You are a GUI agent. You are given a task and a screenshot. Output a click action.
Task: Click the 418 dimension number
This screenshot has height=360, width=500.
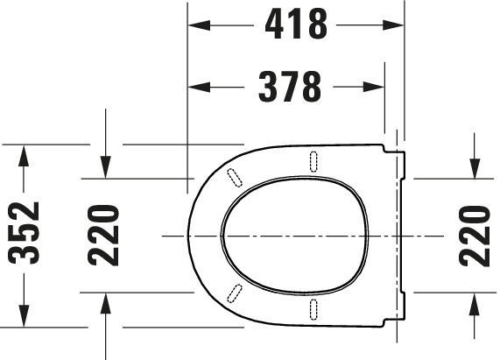pos(296,24)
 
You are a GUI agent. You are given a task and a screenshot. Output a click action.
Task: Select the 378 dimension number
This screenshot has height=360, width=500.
pos(290,87)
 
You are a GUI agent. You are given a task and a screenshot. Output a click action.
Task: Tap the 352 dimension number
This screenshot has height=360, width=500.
pos(25,233)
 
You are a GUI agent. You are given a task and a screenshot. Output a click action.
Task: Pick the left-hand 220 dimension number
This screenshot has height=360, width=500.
pos(103,236)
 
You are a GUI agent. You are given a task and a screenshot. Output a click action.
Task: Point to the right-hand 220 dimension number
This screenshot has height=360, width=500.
pos(475,236)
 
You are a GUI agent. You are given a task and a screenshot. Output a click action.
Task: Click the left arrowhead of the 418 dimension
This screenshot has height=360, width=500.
pos(199,25)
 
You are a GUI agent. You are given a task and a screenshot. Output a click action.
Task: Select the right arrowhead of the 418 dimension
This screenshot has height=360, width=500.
pos(393,25)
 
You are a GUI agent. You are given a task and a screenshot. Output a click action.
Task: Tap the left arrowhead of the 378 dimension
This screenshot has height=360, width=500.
pos(199,87)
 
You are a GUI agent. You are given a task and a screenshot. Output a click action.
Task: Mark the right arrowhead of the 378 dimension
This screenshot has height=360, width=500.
pos(373,87)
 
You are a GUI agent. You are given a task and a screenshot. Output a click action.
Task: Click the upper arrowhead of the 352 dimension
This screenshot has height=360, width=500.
pos(24,156)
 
